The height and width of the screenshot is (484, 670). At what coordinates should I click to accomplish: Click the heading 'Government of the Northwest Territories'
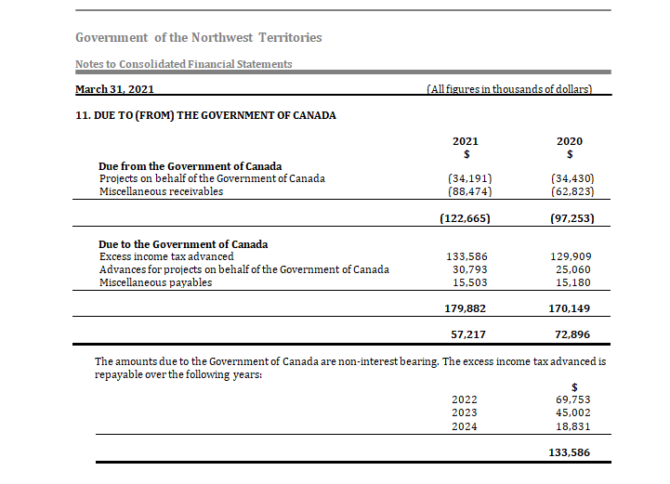pos(199,38)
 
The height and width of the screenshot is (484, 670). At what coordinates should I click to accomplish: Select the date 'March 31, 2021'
pos(114,89)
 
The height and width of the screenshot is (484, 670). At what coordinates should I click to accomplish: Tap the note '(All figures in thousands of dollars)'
pos(508,89)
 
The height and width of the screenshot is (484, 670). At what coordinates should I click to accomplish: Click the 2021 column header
pos(466,141)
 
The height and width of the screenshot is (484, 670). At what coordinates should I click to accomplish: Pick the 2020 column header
pos(570,141)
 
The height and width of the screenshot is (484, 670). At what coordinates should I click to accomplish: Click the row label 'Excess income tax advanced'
pos(166,256)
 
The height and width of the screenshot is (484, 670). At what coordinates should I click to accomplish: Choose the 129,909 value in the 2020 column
pos(571,256)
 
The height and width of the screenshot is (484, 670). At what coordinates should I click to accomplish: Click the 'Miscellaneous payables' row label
pos(155,282)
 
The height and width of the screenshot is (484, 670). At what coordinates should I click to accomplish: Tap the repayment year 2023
pos(465,413)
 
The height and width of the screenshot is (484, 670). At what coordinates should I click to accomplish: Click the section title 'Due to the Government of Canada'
pos(183,244)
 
